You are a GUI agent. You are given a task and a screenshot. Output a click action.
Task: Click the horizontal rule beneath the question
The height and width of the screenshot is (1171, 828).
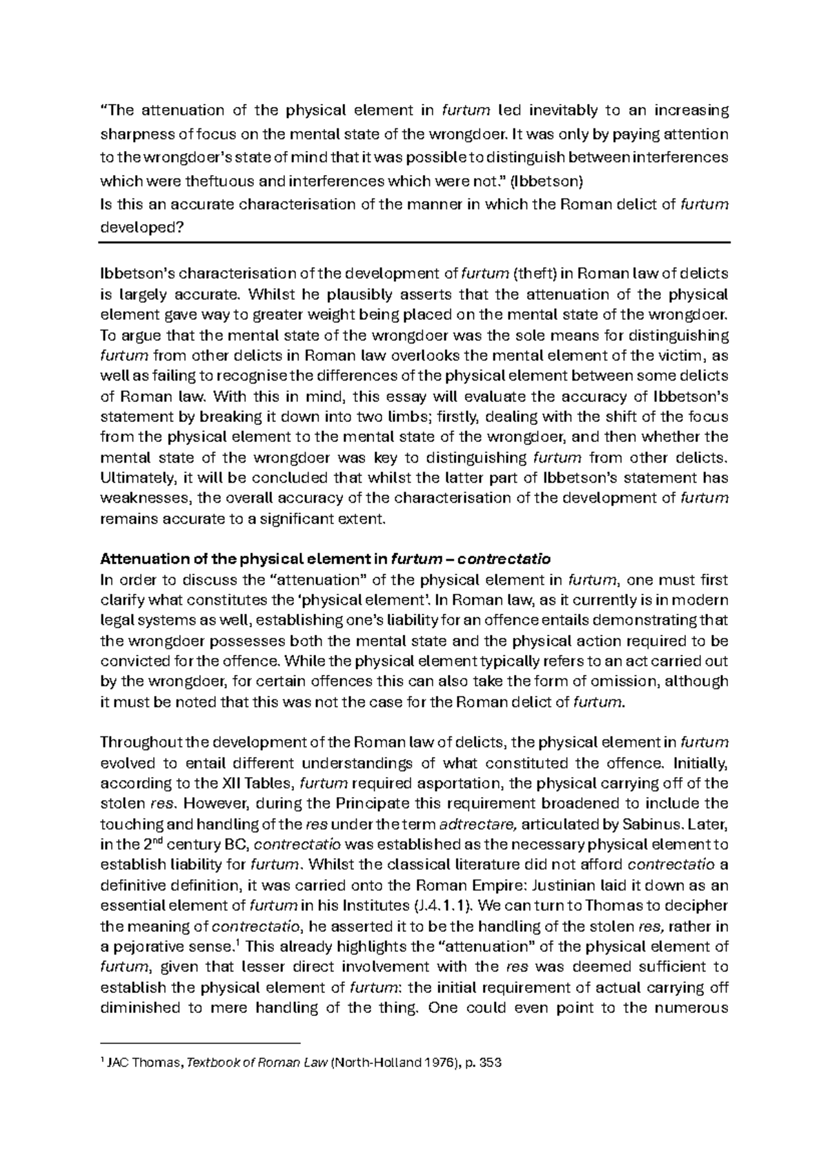(x=414, y=243)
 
